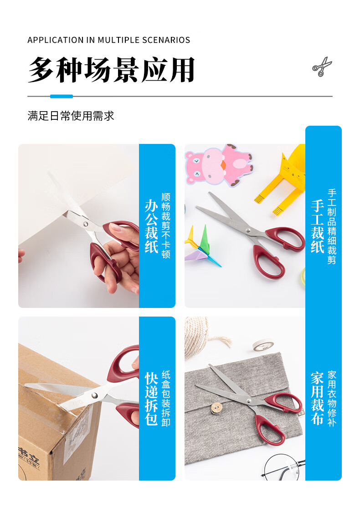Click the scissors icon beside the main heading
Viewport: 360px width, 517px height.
[x=322, y=67]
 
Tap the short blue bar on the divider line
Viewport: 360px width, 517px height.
[x=62, y=96]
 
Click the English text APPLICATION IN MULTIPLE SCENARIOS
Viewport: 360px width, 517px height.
[x=109, y=40]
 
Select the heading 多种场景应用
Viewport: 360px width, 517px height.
[x=112, y=70]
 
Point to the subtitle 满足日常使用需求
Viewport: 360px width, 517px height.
[x=71, y=116]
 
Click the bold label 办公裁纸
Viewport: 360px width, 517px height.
[x=151, y=226]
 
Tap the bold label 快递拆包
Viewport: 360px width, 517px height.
[x=151, y=399]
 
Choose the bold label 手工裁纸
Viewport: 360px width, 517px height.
[x=318, y=226]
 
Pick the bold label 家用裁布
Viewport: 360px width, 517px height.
[x=318, y=399]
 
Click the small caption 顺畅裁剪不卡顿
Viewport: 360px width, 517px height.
[x=166, y=225]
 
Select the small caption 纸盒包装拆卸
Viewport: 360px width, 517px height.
[x=166, y=399]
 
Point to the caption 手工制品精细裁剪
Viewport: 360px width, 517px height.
[x=332, y=226]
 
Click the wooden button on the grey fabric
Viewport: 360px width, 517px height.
[x=216, y=408]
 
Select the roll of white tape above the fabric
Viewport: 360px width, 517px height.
[x=263, y=345]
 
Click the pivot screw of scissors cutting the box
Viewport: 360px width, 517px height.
[x=95, y=395]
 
